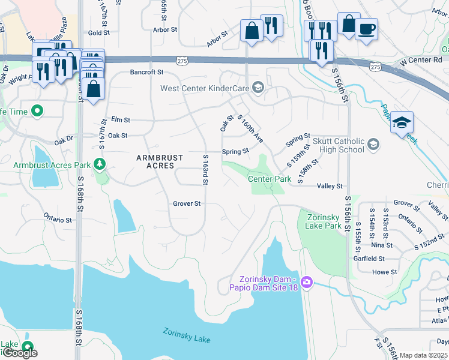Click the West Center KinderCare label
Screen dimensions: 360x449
point(205,89)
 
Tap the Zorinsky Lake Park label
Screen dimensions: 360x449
point(323,221)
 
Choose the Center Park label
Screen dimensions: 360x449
point(270,179)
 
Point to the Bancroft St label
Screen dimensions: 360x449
point(147,72)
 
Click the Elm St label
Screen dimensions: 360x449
point(120,120)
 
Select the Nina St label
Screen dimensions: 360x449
point(382,245)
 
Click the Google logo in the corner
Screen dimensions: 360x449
point(19,353)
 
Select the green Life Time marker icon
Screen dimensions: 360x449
point(37,111)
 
